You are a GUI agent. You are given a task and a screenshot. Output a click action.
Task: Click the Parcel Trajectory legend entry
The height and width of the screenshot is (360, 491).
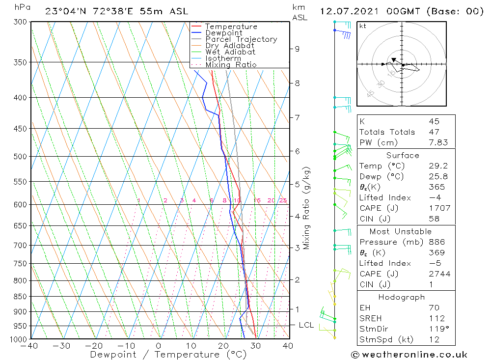[241, 39]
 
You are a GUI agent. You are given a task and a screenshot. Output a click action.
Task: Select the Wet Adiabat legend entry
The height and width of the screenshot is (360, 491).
[230, 52]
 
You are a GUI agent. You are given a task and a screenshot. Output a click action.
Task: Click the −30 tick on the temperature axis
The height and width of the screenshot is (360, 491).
[62, 346]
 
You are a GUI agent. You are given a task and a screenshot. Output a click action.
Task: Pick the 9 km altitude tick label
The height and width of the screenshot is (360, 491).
[297, 49]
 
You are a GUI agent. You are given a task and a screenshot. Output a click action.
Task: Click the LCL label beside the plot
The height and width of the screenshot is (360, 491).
[306, 325]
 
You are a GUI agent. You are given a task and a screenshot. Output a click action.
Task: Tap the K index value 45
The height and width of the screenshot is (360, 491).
[434, 121]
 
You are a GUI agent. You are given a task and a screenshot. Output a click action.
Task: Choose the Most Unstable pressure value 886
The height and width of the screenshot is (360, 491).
[436, 242]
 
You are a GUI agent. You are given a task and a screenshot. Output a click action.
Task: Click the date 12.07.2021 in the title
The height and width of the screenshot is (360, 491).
[347, 11]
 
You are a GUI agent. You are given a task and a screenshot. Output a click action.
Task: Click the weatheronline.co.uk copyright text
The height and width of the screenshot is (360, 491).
[409, 354]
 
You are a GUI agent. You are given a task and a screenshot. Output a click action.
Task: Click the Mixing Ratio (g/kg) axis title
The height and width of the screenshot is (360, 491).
[307, 208]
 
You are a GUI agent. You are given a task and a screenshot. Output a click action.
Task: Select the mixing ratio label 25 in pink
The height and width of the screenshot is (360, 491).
[283, 200]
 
